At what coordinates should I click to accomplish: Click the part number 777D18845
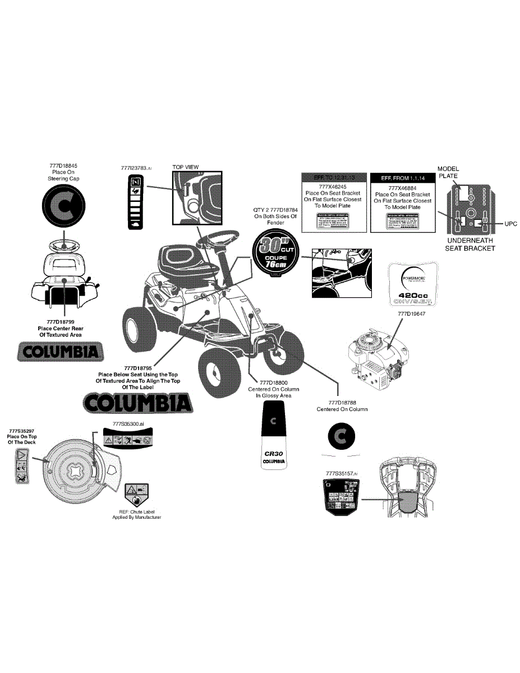[x=63, y=165]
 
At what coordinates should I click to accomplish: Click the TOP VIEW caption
[x=185, y=167]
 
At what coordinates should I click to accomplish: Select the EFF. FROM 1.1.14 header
[x=402, y=178]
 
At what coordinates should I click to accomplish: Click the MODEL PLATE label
[x=448, y=172]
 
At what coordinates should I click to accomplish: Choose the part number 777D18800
[x=273, y=382]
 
